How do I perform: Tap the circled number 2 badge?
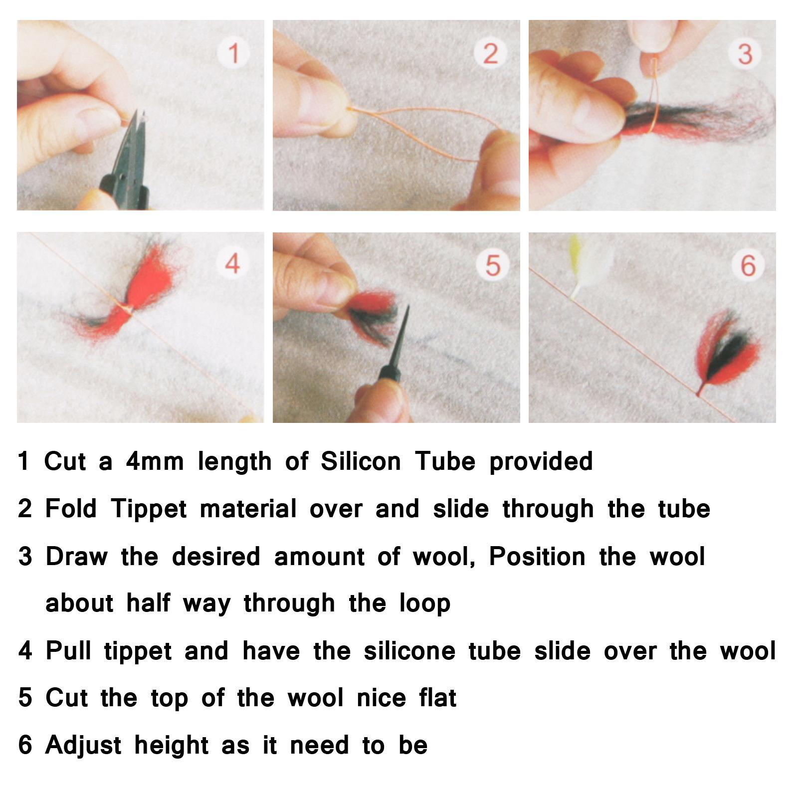(x=490, y=53)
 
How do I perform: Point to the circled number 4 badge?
(x=233, y=262)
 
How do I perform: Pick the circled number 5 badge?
(x=492, y=264)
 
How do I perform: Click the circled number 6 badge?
(x=748, y=264)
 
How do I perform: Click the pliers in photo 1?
(x=125, y=165)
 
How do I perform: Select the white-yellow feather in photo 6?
(x=579, y=264)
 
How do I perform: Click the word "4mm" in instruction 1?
(x=155, y=461)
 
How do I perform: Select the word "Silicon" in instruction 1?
(x=360, y=461)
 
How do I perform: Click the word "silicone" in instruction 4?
(x=409, y=651)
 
